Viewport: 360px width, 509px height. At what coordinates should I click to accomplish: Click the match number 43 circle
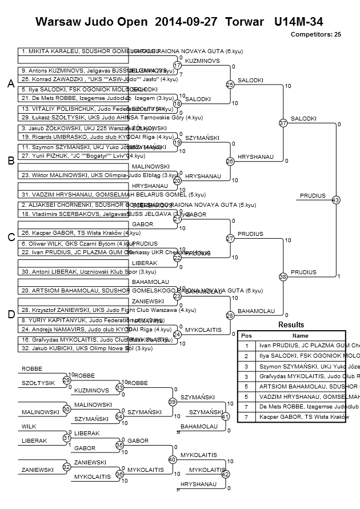pyautogui.click(x=335, y=200)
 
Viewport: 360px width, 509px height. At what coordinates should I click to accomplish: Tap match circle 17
pyautogui.click(x=177, y=66)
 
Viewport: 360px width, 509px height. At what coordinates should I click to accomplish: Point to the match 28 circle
pyautogui.click(x=230, y=315)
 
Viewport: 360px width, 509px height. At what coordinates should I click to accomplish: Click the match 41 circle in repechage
pyautogui.click(x=225, y=416)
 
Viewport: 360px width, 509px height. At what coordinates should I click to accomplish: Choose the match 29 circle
pyautogui.click(x=67, y=380)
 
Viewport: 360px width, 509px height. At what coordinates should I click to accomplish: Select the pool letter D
pyautogui.click(x=11, y=314)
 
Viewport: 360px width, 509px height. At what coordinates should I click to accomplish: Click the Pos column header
pyautogui.click(x=246, y=336)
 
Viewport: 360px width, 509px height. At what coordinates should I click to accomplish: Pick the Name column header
pyautogui.click(x=300, y=336)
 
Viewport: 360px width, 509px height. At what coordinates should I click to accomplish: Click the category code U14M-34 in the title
pyautogui.click(x=299, y=22)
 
